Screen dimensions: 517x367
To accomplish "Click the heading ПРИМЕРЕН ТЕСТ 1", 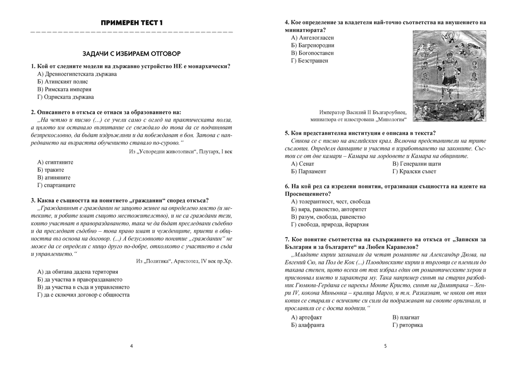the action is tap(132, 22).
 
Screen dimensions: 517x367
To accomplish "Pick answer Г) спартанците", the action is tap(56, 185).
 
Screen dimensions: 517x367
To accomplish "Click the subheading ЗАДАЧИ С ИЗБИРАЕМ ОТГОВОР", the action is tap(132, 53).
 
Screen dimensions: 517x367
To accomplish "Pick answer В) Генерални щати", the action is tap(417, 164).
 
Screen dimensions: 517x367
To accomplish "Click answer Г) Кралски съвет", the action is tap(414, 172).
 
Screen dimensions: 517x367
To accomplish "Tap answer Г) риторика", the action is tap(408, 325).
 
